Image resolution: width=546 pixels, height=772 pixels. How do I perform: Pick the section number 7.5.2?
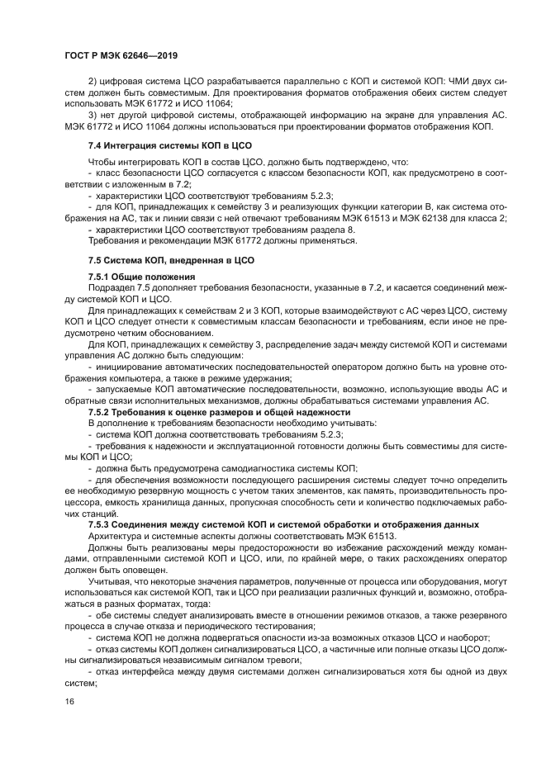click(x=102, y=411)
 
